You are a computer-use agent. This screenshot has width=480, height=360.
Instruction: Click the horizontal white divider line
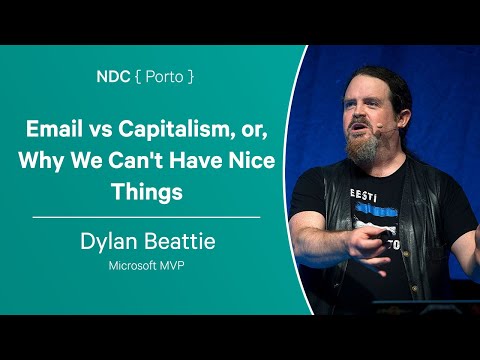(x=146, y=216)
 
